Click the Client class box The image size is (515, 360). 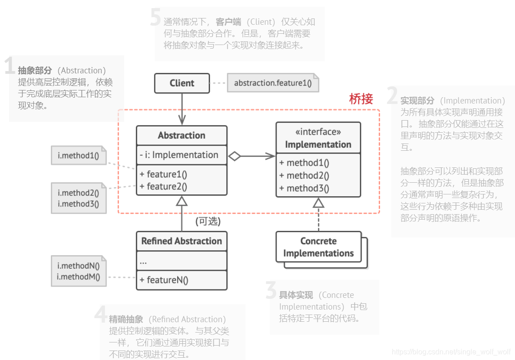point(182,83)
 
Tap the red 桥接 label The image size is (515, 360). point(361,99)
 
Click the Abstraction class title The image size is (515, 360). point(182,135)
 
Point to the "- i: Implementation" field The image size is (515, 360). point(179,155)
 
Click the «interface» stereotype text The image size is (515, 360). point(318,132)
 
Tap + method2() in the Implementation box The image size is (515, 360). point(304,175)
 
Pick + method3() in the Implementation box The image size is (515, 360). point(304,188)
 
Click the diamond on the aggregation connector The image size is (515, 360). point(234,157)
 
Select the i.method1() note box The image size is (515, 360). point(78,156)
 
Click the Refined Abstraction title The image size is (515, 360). point(182,241)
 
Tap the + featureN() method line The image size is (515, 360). point(164,280)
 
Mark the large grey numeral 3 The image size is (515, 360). point(271,290)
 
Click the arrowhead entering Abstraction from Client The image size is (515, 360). point(182,120)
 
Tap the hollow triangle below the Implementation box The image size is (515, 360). point(318,203)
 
